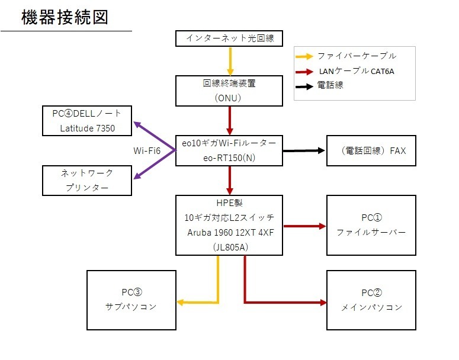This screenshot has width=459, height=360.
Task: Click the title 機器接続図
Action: click(65, 17)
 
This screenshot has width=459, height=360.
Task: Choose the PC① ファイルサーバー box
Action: click(371, 225)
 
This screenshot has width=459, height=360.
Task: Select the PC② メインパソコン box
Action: click(371, 300)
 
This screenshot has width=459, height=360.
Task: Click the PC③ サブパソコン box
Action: click(131, 300)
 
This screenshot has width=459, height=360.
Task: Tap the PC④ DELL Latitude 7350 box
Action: click(87, 120)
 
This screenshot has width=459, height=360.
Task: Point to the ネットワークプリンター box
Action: click(87, 181)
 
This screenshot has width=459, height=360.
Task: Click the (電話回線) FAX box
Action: click(371, 150)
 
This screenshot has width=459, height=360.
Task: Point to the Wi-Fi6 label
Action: click(146, 151)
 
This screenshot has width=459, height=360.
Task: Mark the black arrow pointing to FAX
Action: click(304, 150)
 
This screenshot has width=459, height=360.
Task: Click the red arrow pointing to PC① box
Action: click(304, 226)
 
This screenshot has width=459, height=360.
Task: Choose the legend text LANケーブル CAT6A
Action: click(357, 71)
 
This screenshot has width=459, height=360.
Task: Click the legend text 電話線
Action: click(330, 85)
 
